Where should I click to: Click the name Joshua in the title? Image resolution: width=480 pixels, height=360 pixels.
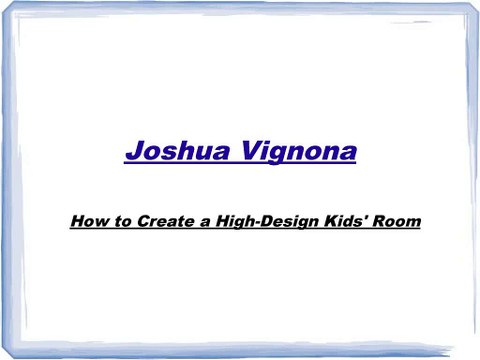point(173,153)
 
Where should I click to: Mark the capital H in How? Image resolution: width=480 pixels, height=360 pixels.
point(78,220)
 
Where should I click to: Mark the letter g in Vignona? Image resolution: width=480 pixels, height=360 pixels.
point(273,157)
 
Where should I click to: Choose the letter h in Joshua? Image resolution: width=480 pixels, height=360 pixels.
point(183,153)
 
